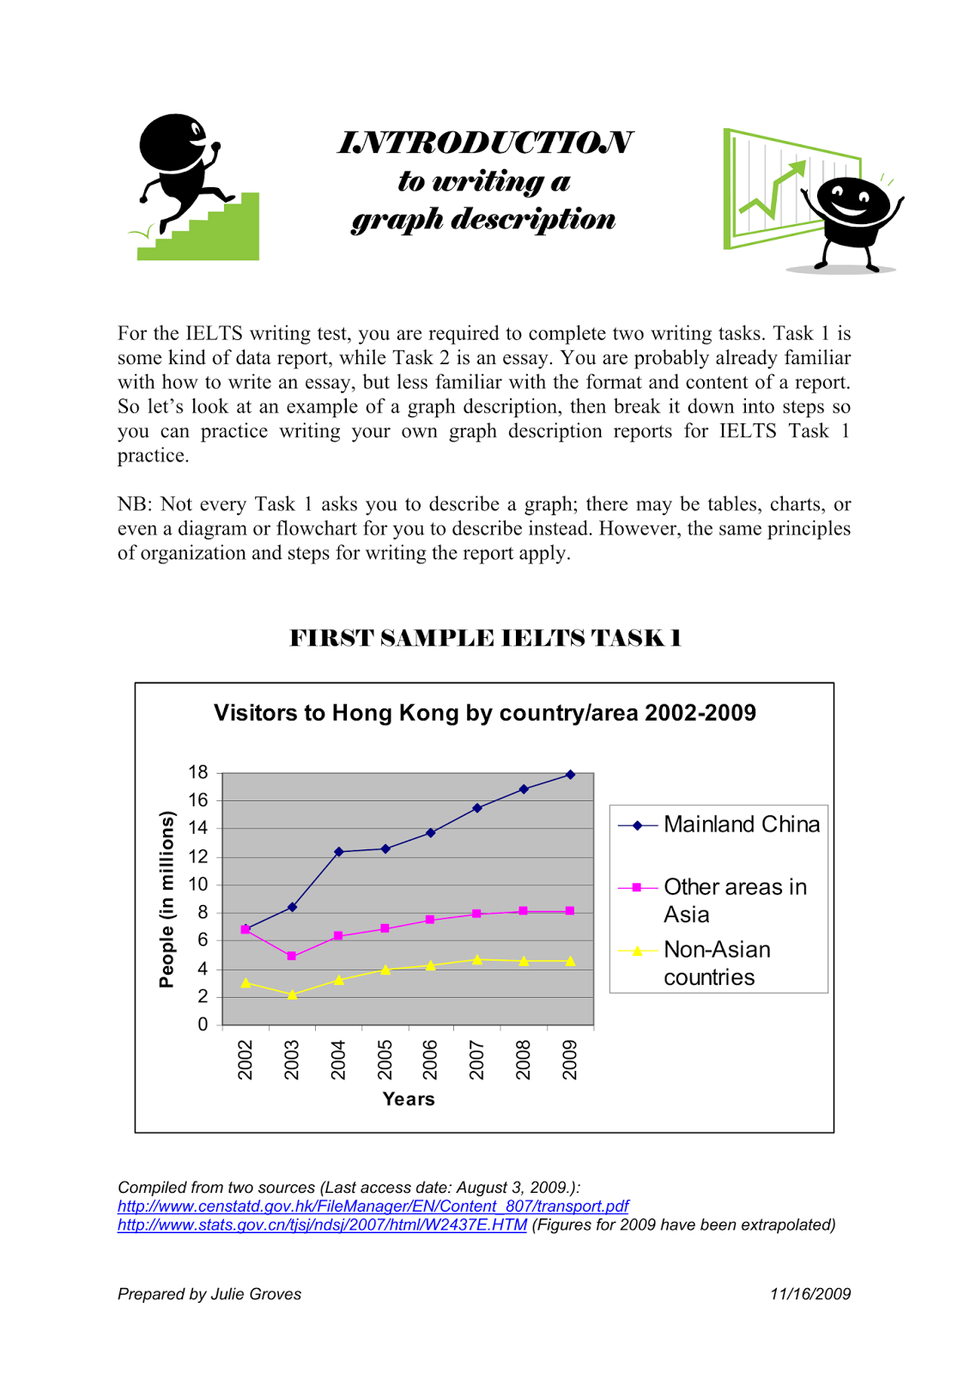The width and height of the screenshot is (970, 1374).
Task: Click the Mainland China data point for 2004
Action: pos(338,852)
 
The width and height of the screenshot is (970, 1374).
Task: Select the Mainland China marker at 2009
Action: pos(571,775)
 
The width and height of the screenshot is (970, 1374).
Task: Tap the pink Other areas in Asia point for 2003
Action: pos(292,956)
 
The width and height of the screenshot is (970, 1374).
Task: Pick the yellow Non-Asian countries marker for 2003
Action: pos(292,994)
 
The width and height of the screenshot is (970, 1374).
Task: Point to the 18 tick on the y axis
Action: pos(198,772)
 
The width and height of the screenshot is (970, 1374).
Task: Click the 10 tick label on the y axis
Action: pos(198,885)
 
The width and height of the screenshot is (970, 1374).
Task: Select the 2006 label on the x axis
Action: pos(431,1059)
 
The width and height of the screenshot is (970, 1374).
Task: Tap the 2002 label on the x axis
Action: pos(246,1059)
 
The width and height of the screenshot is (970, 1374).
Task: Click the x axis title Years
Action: pos(409,1099)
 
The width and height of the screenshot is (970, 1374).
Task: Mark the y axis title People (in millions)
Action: pos(167,899)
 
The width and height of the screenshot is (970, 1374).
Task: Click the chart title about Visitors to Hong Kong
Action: pos(485,713)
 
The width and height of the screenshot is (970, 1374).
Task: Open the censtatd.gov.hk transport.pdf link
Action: pos(373,1206)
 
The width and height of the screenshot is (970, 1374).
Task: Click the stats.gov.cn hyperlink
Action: pos(322,1225)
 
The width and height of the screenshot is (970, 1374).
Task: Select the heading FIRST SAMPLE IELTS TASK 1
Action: pos(485,638)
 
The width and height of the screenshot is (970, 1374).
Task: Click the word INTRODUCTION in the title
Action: pos(486,143)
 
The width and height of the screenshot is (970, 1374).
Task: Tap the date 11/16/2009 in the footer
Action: pos(810,1294)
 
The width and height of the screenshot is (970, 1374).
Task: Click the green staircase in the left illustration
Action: pos(223,235)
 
